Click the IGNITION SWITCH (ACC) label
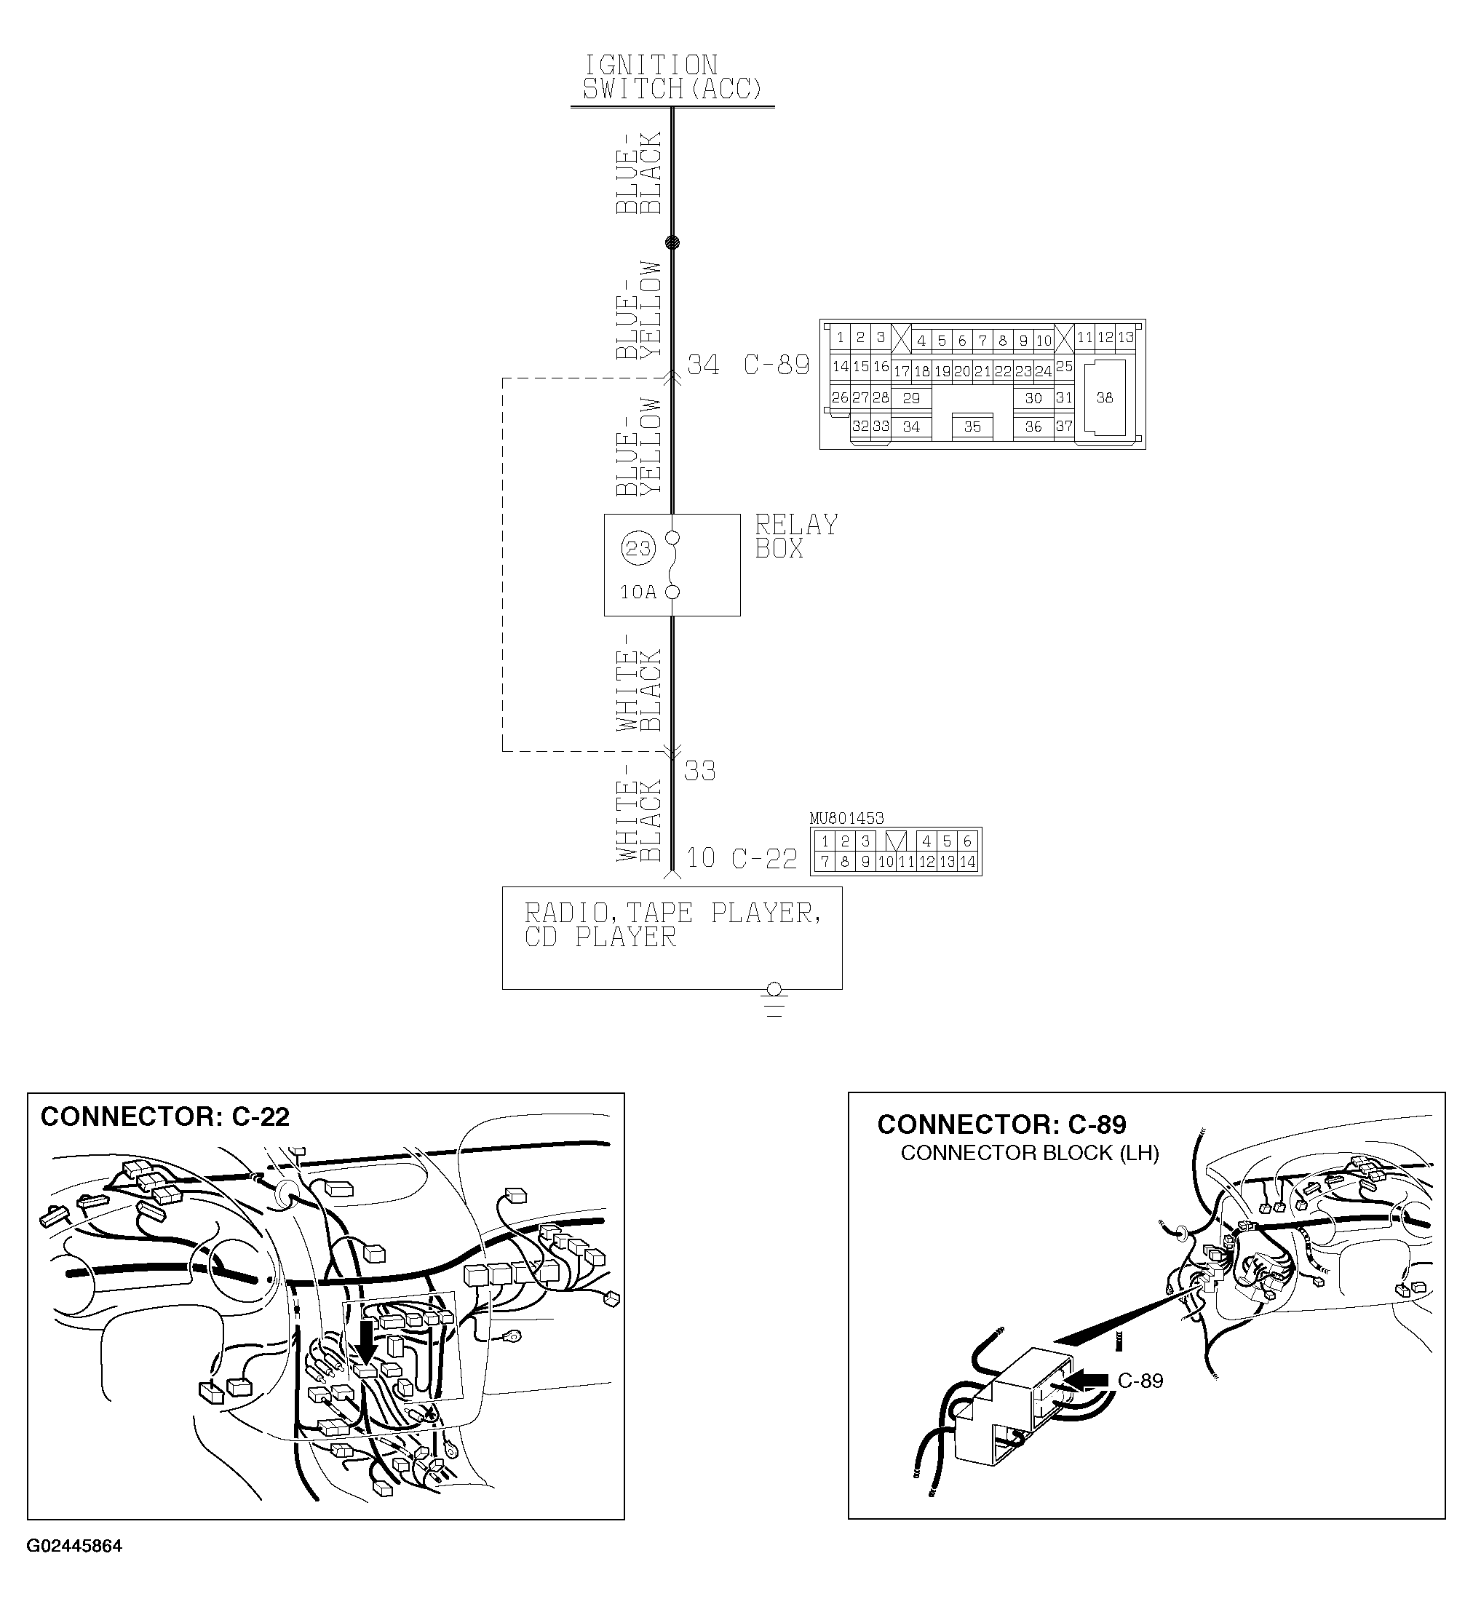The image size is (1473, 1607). point(672,77)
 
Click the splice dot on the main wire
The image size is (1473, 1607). point(672,242)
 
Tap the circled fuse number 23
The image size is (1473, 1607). point(638,549)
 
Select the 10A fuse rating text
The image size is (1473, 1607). point(638,592)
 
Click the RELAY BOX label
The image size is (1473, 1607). point(795,536)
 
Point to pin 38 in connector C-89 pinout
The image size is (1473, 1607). point(1104,398)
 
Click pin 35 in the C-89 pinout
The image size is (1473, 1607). point(972,426)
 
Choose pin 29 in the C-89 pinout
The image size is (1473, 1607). point(911,398)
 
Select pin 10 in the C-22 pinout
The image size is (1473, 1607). point(886,862)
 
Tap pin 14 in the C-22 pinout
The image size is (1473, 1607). point(967,862)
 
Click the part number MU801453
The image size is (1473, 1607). point(846,819)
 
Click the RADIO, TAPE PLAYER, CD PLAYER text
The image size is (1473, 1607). point(672,924)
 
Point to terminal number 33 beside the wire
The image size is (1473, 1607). point(700,771)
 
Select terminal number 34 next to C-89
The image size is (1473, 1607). point(703,365)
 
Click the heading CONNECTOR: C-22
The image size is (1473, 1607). point(165,1116)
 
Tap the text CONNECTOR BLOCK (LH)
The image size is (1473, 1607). point(1029,1154)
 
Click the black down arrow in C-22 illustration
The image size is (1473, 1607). point(366,1341)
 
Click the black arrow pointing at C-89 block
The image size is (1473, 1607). point(1088,1379)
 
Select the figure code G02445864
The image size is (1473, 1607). point(74,1547)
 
